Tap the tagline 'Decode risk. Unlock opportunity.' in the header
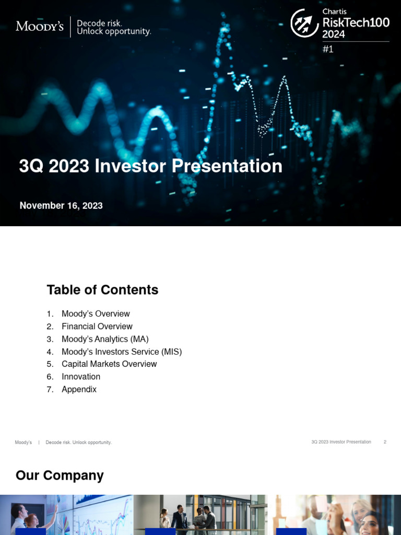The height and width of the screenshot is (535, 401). pyautogui.click(x=114, y=27)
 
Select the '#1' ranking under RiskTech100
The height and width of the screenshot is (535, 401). pyautogui.click(x=328, y=50)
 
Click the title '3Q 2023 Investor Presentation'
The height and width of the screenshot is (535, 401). pyautogui.click(x=150, y=166)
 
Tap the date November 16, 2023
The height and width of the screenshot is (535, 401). pyautogui.click(x=61, y=205)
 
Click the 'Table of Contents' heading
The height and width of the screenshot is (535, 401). pyautogui.click(x=102, y=290)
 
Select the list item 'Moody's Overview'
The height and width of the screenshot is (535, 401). pyautogui.click(x=96, y=314)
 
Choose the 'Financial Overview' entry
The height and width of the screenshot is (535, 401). pyautogui.click(x=97, y=327)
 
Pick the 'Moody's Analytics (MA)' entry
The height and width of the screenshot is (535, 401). pyautogui.click(x=105, y=339)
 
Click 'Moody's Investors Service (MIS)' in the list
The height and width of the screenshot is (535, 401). pyautogui.click(x=122, y=352)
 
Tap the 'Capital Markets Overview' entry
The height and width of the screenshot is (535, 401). pyautogui.click(x=109, y=364)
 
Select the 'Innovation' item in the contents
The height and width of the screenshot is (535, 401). pyautogui.click(x=81, y=377)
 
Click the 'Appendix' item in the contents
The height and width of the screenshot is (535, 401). pyautogui.click(x=79, y=389)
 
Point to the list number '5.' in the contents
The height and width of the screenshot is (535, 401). pyautogui.click(x=50, y=364)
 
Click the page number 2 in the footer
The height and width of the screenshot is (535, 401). pyautogui.click(x=385, y=442)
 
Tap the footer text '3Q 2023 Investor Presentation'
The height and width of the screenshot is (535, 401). pyautogui.click(x=341, y=442)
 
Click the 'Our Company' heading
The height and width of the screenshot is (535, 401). pyautogui.click(x=60, y=475)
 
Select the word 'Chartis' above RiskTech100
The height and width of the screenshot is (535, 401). pyautogui.click(x=335, y=11)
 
